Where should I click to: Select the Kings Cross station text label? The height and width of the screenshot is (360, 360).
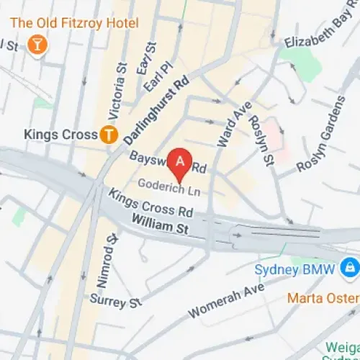pyautogui.click(x=60, y=134)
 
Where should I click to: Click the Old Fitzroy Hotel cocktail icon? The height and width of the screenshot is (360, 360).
pyautogui.click(x=34, y=46)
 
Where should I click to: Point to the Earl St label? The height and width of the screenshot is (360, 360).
pyautogui.click(x=150, y=58)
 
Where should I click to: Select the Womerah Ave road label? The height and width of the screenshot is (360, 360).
pyautogui.click(x=226, y=302)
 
